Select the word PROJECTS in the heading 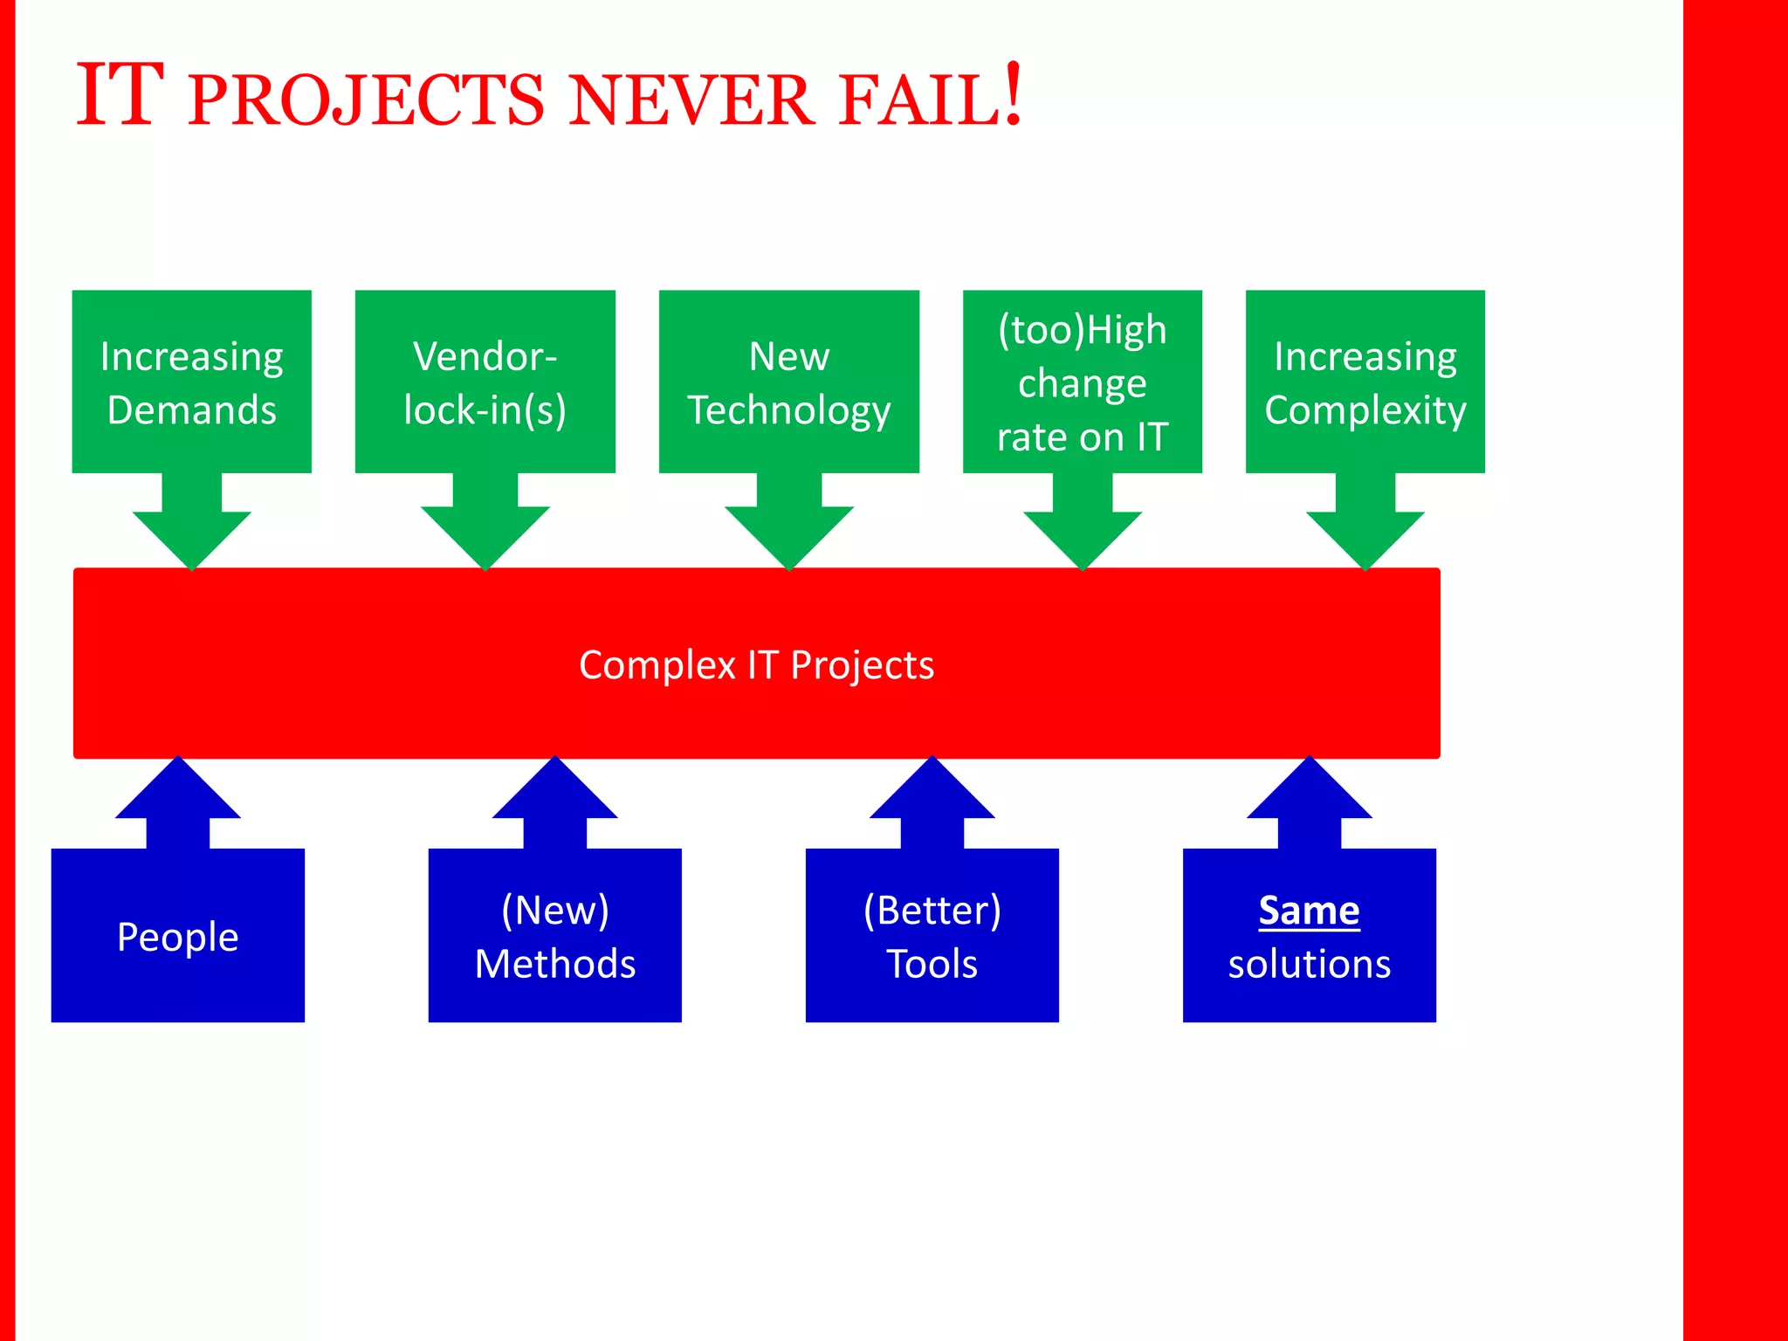pos(366,101)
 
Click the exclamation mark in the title pos(1012,94)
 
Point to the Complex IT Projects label pos(756,664)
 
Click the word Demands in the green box pos(191,409)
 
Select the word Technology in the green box pos(788,409)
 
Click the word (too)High pos(1082,330)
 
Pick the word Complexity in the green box pos(1365,409)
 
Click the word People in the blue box pos(177,937)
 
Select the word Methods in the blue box pos(554,964)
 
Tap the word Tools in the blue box pos(932,964)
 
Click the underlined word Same pos(1309,911)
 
